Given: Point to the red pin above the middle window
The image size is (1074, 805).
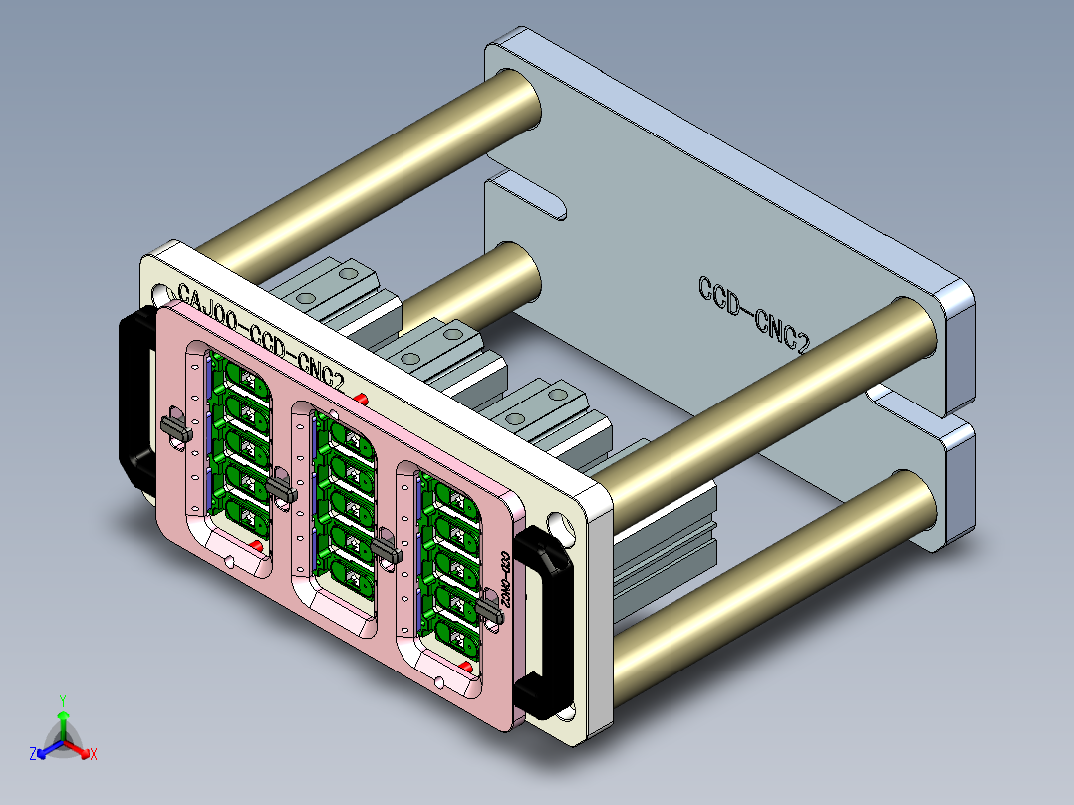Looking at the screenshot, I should tap(361, 399).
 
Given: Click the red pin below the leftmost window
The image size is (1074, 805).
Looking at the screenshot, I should tap(257, 546).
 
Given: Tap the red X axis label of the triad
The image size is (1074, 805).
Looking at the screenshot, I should tap(93, 755).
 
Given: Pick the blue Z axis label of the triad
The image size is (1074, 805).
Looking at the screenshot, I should tap(33, 755).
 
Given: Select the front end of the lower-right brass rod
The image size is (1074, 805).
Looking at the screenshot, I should tap(912, 508).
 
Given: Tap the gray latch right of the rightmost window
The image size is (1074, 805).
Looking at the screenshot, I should tap(489, 607).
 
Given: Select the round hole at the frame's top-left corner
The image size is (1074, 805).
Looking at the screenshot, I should tap(160, 295).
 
